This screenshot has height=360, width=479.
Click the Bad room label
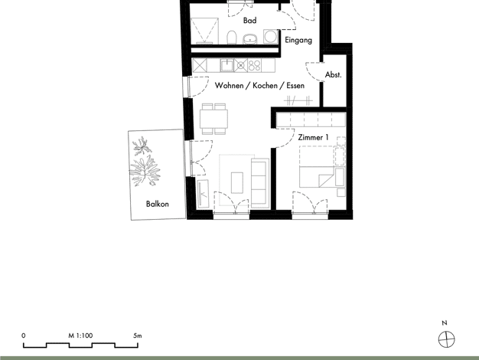(249, 21)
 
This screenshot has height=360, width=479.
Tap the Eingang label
(298, 41)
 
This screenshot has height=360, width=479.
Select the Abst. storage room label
(334, 74)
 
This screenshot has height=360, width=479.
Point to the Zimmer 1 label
(314, 138)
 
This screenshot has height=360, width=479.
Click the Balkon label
(158, 204)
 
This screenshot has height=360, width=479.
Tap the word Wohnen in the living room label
(229, 85)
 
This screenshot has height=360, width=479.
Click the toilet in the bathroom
(232, 38)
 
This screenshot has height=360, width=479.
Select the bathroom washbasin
(250, 39)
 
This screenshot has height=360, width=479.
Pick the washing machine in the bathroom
(270, 37)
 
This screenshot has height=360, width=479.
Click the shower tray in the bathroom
(204, 31)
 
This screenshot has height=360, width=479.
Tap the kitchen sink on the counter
(227, 65)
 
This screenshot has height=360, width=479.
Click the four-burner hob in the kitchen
(254, 65)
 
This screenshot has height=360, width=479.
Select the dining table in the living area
(213, 119)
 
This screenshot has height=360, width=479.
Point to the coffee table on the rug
(237, 183)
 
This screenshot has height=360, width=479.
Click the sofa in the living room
(260, 183)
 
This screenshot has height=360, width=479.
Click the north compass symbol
(446, 339)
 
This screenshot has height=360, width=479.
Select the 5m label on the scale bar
(138, 335)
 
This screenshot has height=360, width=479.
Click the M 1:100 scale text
(80, 335)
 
